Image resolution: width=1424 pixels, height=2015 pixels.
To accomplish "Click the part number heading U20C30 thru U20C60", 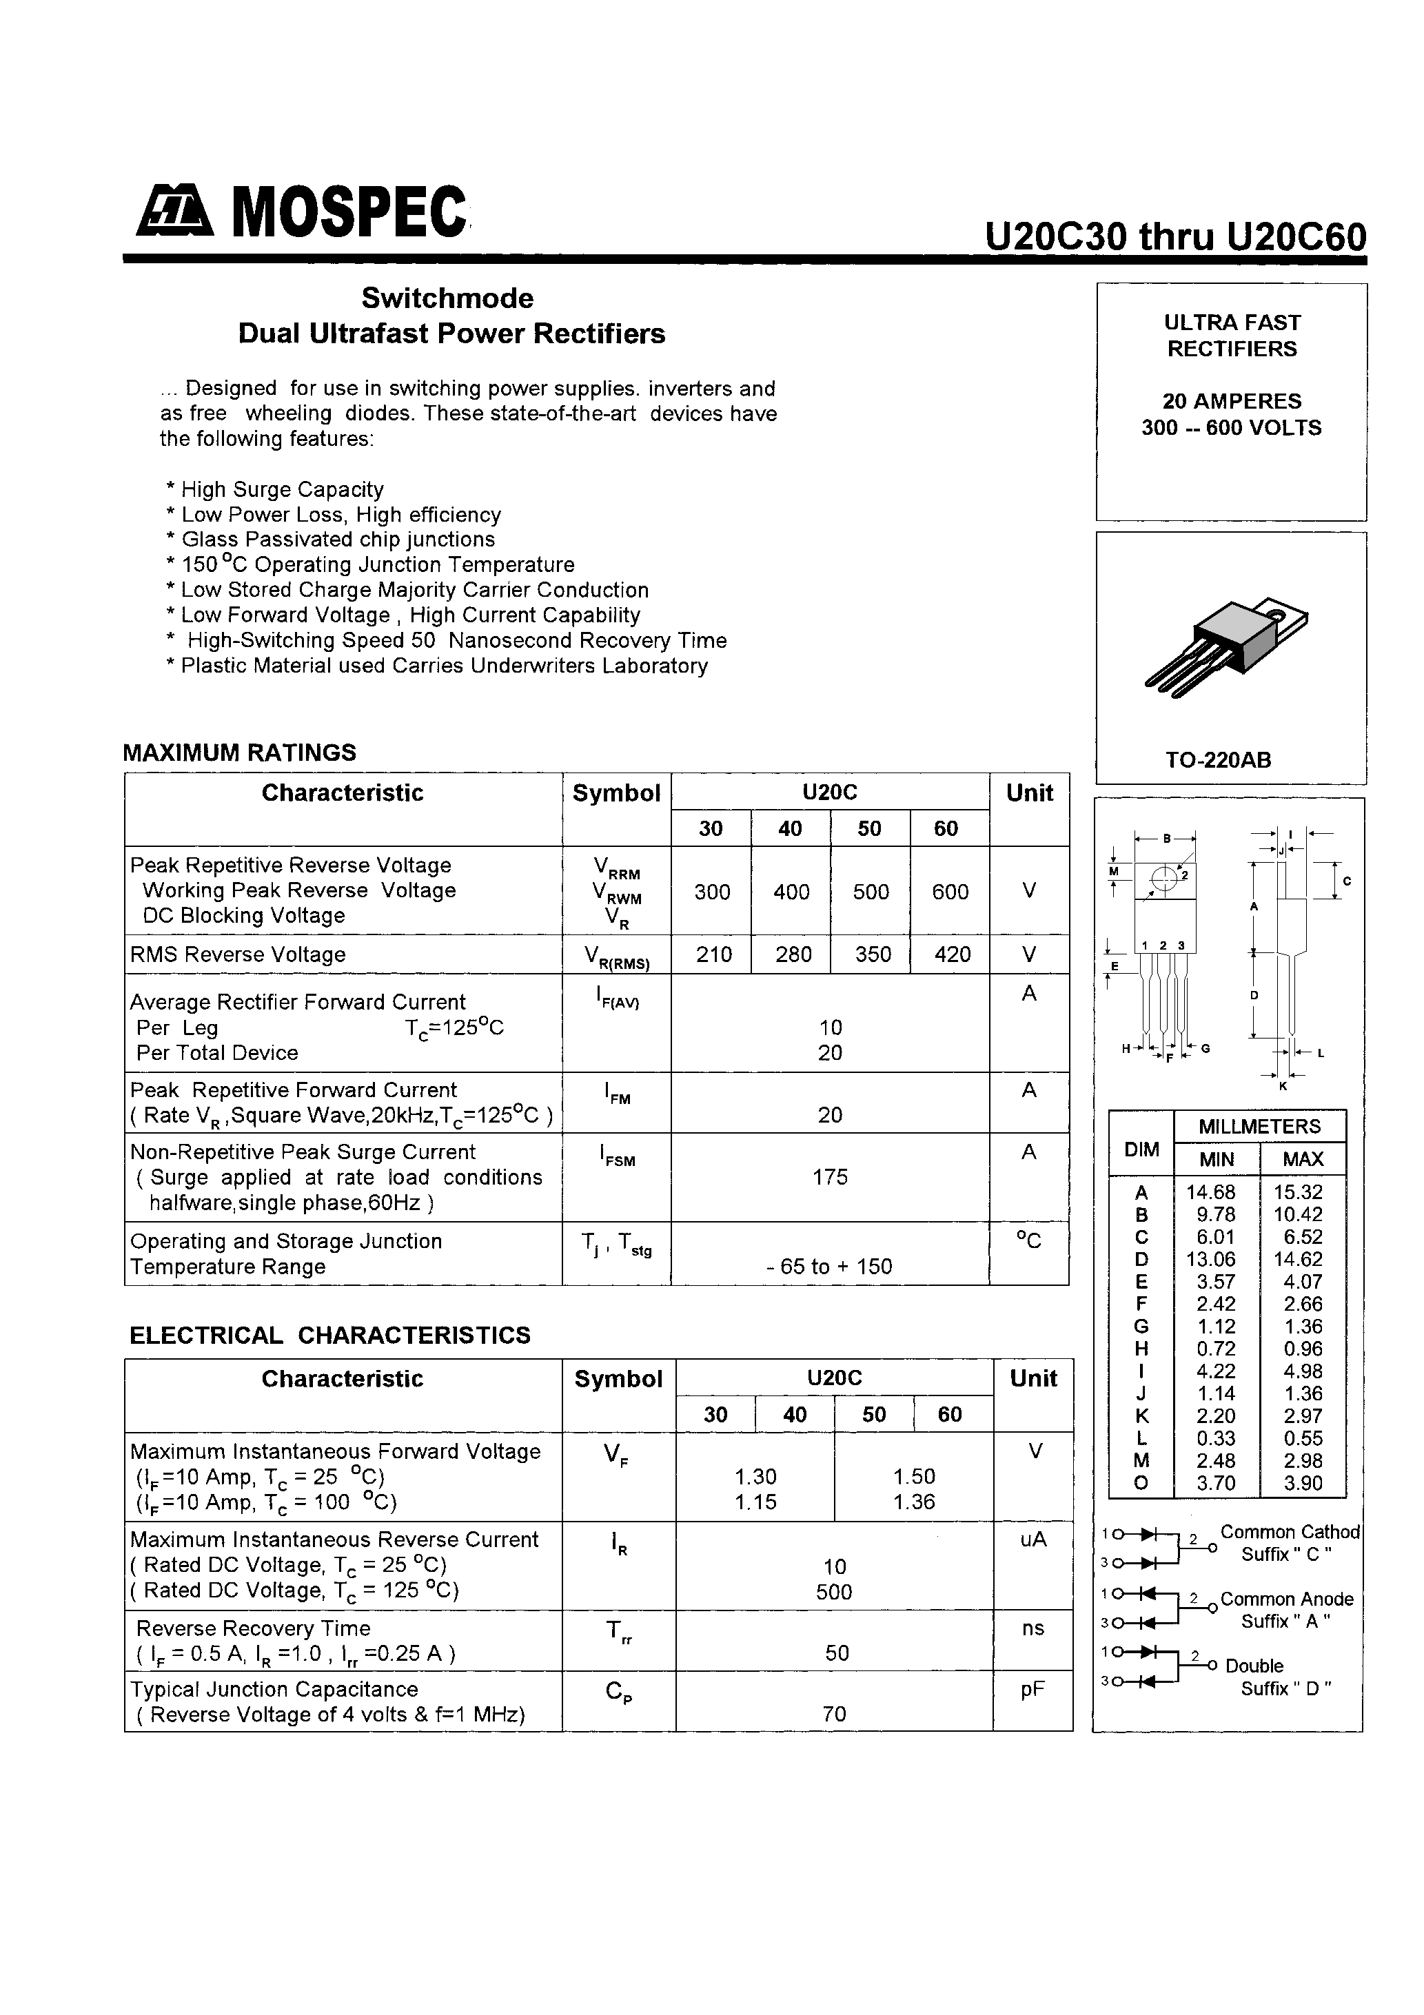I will [x=1176, y=237].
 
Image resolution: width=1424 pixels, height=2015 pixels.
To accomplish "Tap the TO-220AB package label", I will [x=1218, y=760].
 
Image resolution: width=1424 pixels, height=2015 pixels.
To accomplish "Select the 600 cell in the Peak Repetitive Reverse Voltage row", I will [x=950, y=892].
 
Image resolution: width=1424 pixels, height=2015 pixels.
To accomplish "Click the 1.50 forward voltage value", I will [x=914, y=1476].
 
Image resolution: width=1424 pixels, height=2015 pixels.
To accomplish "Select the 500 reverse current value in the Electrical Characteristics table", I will [x=833, y=1591].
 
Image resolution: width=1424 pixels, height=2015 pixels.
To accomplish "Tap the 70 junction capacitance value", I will [x=834, y=1713].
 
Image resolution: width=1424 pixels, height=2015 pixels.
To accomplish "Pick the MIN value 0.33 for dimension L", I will [x=1216, y=1438].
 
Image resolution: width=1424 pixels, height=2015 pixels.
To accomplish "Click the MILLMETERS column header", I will [x=1259, y=1126].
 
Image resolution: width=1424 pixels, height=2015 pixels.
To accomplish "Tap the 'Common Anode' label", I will [x=1286, y=1599].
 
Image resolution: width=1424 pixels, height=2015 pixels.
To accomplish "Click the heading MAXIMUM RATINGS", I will [x=240, y=752].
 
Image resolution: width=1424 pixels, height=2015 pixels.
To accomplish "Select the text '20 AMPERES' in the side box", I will [x=1231, y=401].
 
